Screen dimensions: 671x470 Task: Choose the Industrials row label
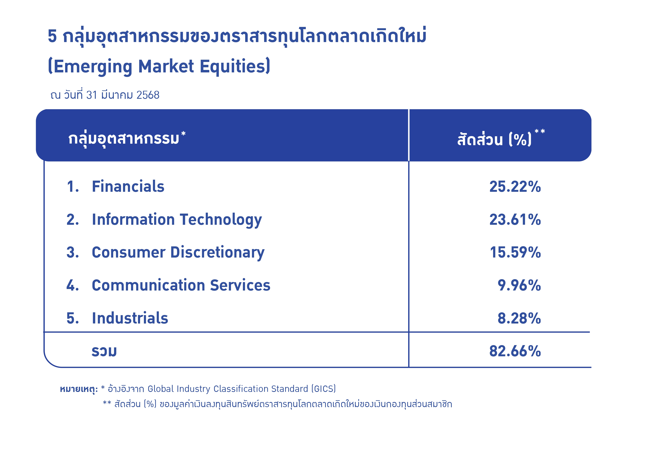click(x=130, y=318)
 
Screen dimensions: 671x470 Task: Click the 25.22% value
click(x=515, y=187)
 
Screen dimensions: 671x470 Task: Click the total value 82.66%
click(x=515, y=351)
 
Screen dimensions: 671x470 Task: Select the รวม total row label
click(x=104, y=351)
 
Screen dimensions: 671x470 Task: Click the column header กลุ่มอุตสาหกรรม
click(x=124, y=139)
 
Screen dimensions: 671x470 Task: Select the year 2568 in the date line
click(x=148, y=95)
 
